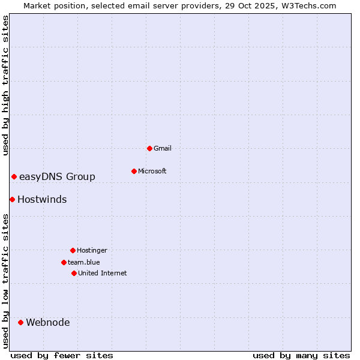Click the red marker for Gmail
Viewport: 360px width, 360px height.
coord(149,148)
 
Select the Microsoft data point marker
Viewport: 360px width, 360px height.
coord(134,171)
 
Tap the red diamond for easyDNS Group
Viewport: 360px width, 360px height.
coord(14,176)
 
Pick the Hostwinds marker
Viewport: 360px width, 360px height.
coord(12,199)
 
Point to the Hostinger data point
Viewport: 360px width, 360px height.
coord(73,250)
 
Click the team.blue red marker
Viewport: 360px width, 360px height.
coord(64,262)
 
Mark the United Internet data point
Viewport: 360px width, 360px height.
coord(74,273)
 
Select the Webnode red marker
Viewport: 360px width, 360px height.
coord(20,322)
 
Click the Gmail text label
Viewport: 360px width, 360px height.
coord(163,148)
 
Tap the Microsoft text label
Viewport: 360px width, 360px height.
coord(152,171)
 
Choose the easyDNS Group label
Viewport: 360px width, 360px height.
coord(57,176)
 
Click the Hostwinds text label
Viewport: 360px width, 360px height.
coord(42,199)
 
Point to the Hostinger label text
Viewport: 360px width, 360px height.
coord(92,250)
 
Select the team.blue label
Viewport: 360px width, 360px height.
coord(84,262)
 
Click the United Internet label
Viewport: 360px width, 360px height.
coord(103,273)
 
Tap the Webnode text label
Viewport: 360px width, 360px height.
coord(48,322)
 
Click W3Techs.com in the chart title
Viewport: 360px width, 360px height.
coord(307,5)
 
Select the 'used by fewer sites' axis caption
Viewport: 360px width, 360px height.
coord(62,355)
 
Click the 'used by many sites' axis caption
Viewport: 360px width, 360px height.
coord(301,355)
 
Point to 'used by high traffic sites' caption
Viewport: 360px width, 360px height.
coord(5,85)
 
